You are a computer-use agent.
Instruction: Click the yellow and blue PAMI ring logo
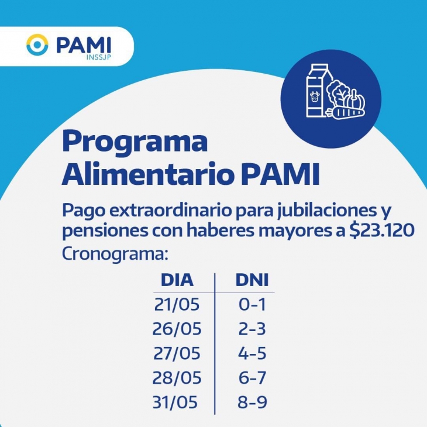click(37, 44)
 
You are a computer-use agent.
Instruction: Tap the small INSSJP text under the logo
click(99, 57)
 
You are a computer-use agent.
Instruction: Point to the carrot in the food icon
click(345, 113)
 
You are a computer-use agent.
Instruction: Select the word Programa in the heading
click(135, 142)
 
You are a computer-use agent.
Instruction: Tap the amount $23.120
click(382, 230)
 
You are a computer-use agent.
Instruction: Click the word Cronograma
click(115, 254)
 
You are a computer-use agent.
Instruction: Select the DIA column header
click(177, 280)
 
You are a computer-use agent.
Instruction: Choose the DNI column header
click(252, 280)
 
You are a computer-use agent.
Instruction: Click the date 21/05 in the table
click(177, 304)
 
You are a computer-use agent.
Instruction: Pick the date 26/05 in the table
click(177, 329)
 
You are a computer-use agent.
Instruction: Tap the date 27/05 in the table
click(177, 353)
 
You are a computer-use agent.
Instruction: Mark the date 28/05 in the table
click(177, 378)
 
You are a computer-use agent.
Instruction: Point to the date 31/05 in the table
click(175, 402)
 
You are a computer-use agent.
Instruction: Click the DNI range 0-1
click(252, 304)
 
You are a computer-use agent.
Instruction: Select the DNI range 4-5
click(252, 353)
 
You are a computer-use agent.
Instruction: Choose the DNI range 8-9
click(252, 402)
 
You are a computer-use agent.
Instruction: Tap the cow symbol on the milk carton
click(315, 97)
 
